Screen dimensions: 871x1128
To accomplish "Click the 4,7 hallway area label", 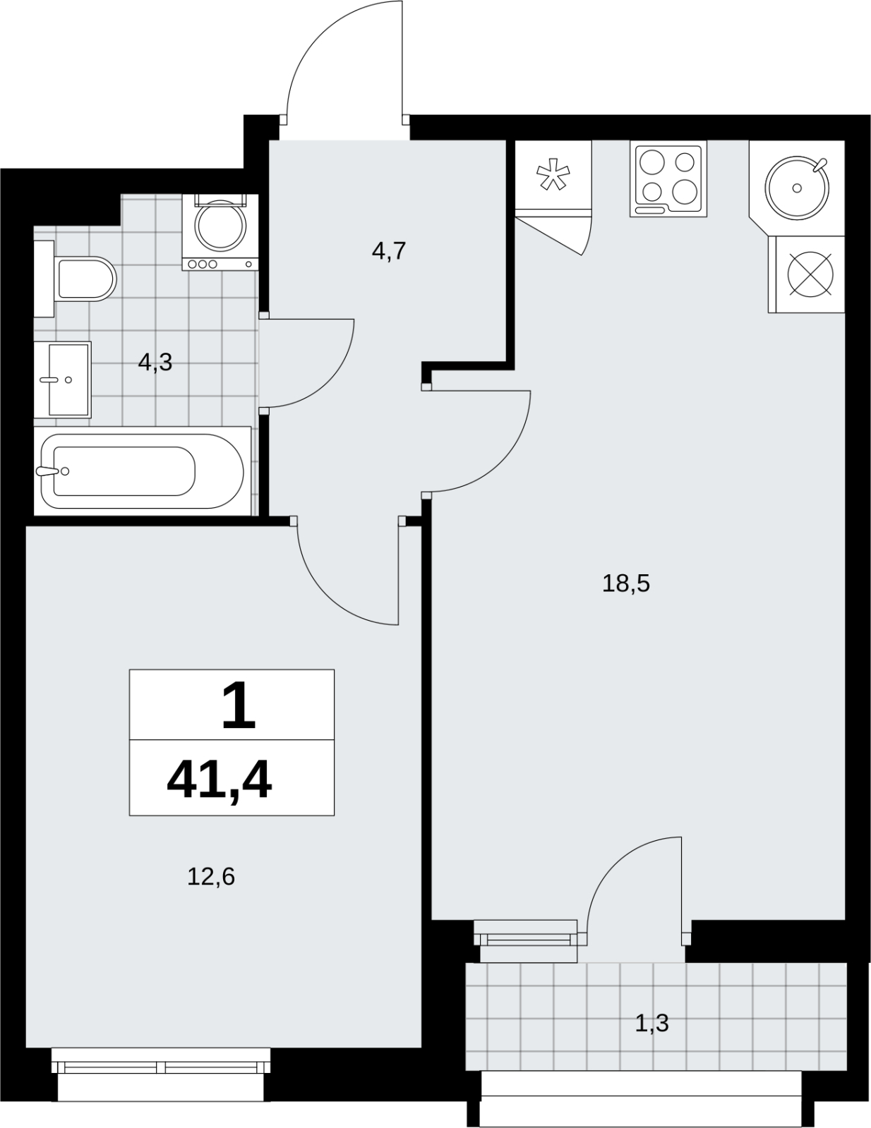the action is tap(388, 252).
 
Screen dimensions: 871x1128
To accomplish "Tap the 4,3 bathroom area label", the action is tap(155, 362).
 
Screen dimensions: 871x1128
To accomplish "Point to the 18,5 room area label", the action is tap(626, 583).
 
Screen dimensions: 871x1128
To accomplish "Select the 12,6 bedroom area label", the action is tap(211, 877).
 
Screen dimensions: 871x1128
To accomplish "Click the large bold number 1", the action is tap(239, 706).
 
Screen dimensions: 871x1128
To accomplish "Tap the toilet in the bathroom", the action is tap(76, 279).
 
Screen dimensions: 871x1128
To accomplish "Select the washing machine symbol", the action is tap(220, 232).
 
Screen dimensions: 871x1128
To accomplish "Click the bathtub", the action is tap(143, 471).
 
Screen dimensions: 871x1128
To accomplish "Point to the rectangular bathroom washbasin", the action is tap(63, 380).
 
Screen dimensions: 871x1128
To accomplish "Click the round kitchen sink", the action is tap(797, 188).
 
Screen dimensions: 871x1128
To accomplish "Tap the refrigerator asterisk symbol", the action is tap(553, 174).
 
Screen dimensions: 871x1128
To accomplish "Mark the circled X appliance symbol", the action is tap(810, 274).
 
